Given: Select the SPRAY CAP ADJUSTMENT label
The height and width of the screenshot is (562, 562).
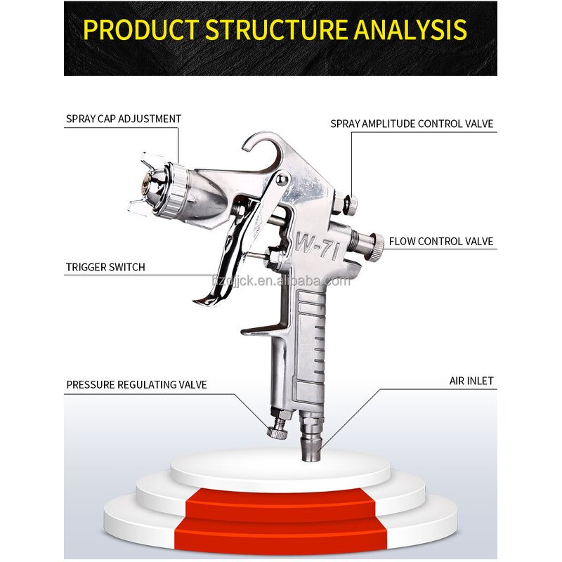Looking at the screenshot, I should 124,119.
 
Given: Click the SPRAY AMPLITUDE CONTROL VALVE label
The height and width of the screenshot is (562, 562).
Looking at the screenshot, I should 412,124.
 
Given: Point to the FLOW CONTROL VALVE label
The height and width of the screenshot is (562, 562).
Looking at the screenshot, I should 441,242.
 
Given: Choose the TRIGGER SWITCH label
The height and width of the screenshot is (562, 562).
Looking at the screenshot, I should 105,267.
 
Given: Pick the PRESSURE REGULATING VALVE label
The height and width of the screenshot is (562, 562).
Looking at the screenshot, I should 136,384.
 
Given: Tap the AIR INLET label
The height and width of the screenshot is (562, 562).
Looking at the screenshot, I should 471,381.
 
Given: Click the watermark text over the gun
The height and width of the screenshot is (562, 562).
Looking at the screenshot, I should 280,282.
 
